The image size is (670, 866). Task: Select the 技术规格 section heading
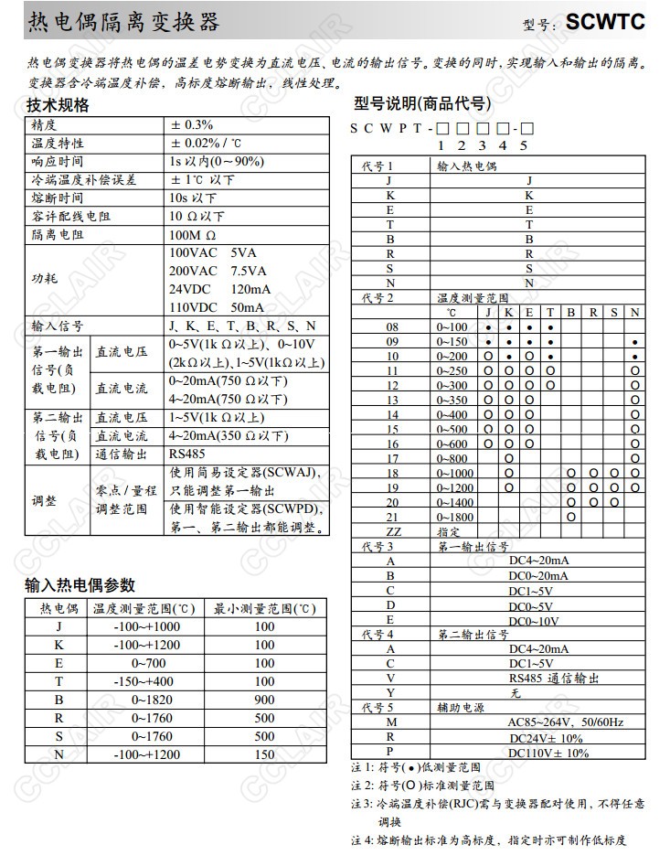pos(58,105)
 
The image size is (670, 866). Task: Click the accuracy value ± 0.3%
pos(191,125)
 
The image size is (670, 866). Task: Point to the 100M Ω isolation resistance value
pos(191,235)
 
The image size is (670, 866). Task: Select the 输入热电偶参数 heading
pos(80,585)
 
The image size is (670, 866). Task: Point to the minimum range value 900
pos(264,700)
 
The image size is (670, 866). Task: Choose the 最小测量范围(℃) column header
pos(264,608)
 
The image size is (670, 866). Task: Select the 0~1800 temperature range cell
pos(455,516)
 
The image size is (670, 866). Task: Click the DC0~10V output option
pos(534,621)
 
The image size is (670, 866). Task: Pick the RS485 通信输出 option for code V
pos(553,678)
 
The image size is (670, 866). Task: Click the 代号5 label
pos(378,707)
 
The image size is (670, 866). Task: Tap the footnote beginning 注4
pos(490,839)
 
